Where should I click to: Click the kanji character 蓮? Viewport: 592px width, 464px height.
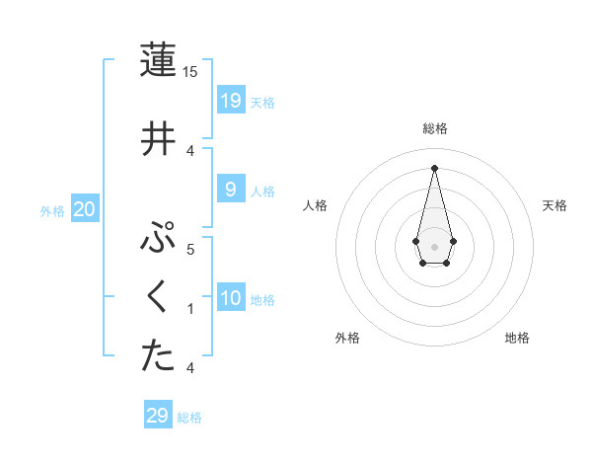coord(158,60)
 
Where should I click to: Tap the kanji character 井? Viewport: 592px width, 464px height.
coord(158,137)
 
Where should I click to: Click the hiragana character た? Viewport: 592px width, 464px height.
coord(158,356)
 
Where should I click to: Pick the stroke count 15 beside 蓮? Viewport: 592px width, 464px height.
coord(190,72)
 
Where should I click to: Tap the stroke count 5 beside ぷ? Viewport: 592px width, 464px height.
coord(190,250)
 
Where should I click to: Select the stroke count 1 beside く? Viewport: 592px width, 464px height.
coord(190,309)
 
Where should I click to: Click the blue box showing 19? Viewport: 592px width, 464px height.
coord(231,100)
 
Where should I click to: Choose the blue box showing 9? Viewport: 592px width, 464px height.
coord(230,189)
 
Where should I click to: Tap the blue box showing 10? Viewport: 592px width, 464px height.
coord(231,297)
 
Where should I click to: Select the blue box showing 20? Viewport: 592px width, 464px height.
coord(84,208)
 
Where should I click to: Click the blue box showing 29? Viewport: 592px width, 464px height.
coord(158,416)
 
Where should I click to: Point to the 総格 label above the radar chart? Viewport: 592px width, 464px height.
coord(434,128)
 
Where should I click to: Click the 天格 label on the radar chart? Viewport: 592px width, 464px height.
coord(555,205)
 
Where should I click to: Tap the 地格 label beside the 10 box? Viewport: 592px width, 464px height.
coord(262,299)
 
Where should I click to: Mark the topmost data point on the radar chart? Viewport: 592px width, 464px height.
coord(434,167)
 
